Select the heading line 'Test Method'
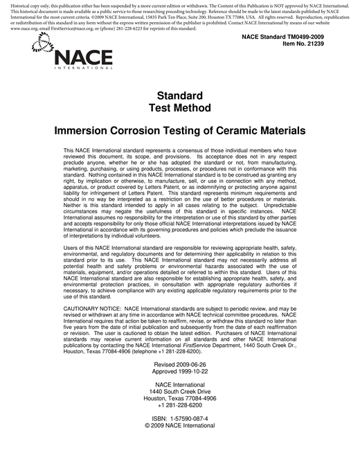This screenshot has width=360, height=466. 179,107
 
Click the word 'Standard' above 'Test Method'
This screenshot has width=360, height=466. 179,96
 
